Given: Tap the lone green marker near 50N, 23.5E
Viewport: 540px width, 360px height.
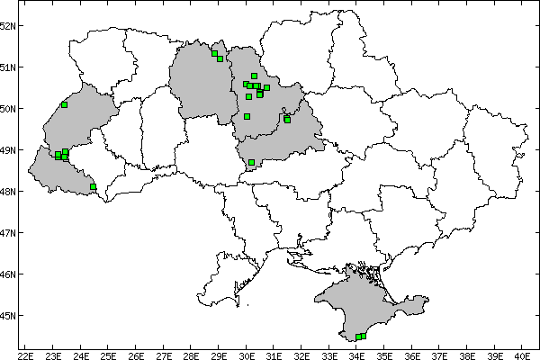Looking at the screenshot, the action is point(65,104).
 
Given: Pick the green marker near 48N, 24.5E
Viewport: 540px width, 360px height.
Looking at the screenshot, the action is point(93,187).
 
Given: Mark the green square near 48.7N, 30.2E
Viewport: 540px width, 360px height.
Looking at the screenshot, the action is point(251,163).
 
